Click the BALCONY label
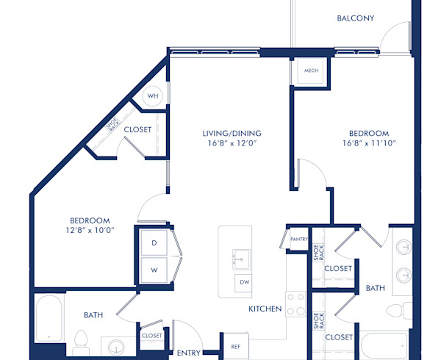pyautogui.click(x=356, y=18)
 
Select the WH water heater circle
pyautogui.click(x=153, y=96)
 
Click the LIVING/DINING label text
pyautogui.click(x=232, y=133)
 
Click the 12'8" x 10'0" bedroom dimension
pyautogui.click(x=90, y=231)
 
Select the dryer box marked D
pyautogui.click(x=154, y=242)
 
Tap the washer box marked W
pyautogui.click(x=154, y=270)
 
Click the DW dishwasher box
pyautogui.click(x=244, y=283)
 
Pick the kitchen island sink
pyautogui.click(x=240, y=259)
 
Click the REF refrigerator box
pyautogui.click(x=235, y=345)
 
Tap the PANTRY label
pyautogui.click(x=298, y=240)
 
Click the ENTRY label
pyautogui.click(x=189, y=353)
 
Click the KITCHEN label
pyautogui.click(x=265, y=309)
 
